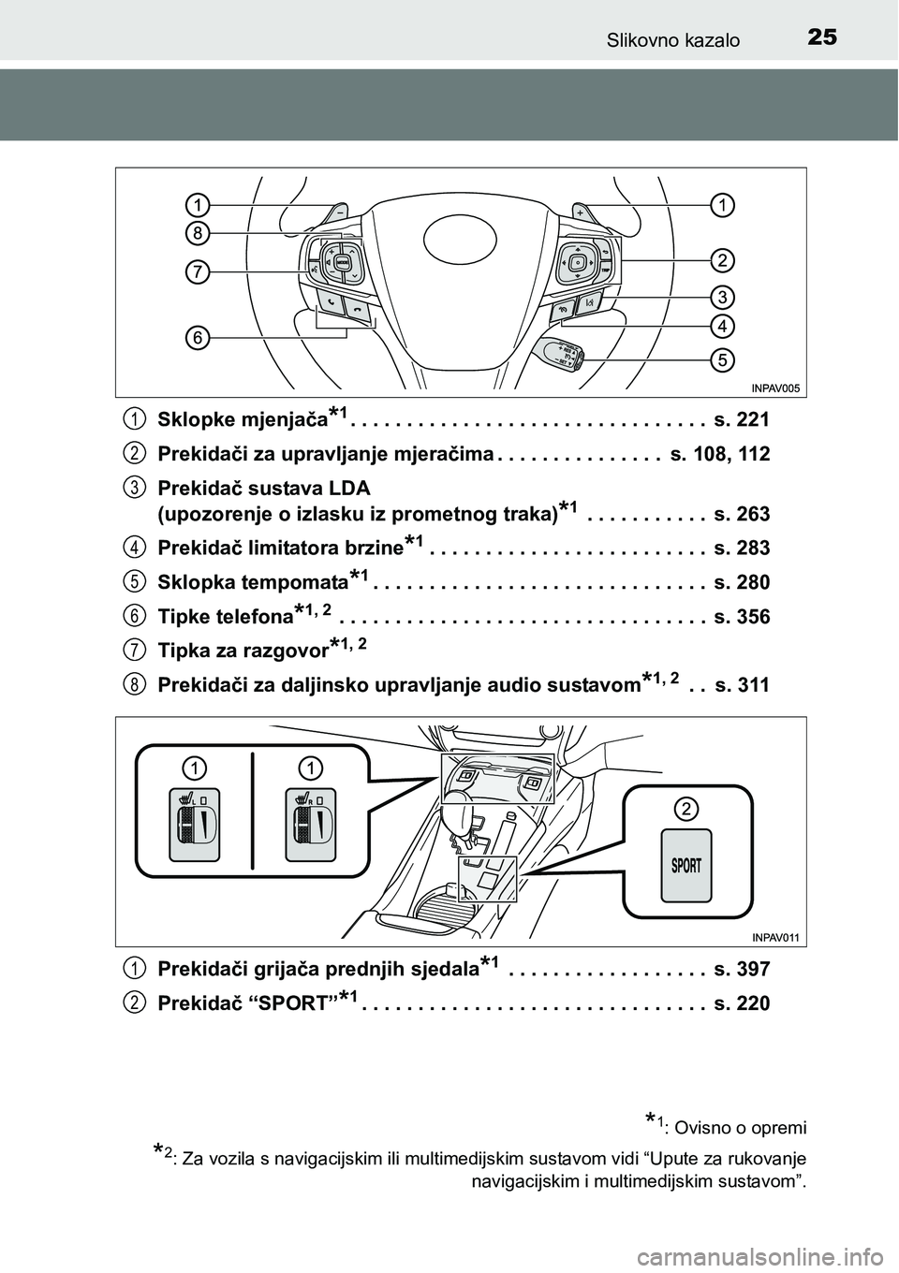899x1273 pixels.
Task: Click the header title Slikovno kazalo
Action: click(672, 39)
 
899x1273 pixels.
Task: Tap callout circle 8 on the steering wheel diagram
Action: click(196, 232)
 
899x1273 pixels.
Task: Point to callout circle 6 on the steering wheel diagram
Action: click(196, 337)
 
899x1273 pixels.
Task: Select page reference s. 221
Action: click(741, 419)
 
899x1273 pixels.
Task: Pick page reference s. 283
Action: click(741, 548)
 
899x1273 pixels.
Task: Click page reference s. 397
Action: click(741, 969)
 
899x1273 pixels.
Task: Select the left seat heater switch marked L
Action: click(194, 824)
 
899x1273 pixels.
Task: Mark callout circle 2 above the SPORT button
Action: click(686, 808)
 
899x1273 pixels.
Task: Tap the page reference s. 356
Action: click(741, 617)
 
